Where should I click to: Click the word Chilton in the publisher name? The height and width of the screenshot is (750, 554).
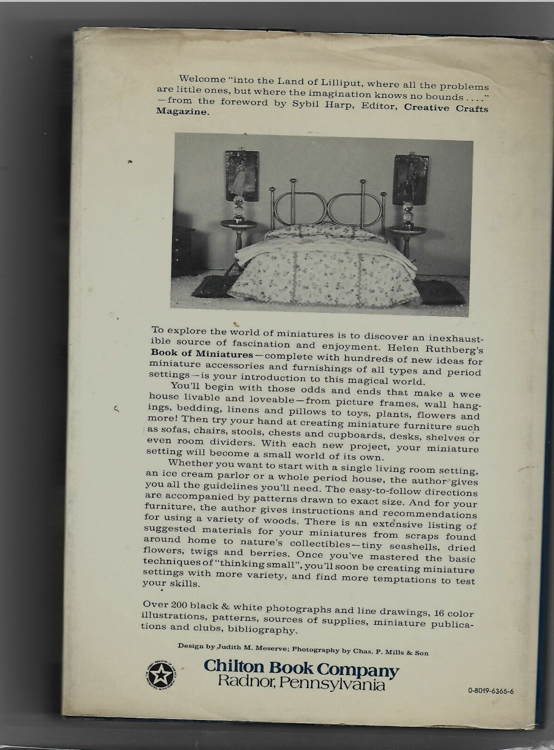(229, 667)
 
